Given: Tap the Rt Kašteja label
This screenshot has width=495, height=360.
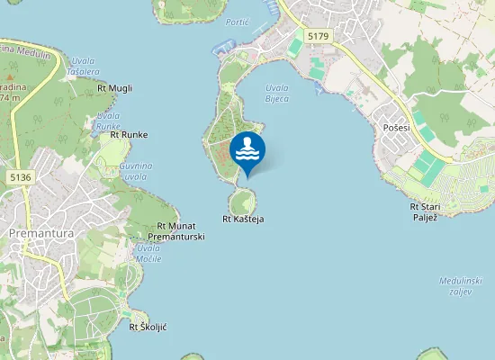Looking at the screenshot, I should pos(243,219).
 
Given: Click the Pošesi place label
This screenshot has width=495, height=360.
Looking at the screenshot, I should pos(396,128).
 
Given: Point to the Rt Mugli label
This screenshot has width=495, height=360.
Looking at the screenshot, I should pos(114,88).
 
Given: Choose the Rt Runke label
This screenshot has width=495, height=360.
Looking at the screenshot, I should pos(129,135).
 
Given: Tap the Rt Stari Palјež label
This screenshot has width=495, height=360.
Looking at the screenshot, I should pos(424,211).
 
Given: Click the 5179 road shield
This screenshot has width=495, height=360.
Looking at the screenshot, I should pos(318,35).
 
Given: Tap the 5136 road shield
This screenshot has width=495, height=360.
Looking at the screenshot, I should pos(21,177).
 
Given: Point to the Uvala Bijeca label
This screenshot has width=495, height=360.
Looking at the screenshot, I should pos(277,93).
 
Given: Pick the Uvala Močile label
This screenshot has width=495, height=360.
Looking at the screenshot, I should pos(148,253).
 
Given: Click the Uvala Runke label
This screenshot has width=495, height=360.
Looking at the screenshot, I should pos(108,122).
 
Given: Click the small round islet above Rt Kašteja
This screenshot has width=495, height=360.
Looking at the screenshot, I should pos(242,200).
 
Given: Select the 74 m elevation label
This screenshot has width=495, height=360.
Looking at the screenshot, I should pos(10,97).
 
